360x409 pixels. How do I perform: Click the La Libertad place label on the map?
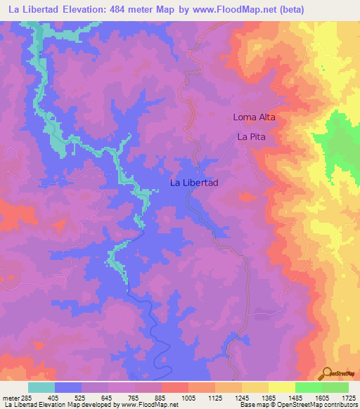click(194, 183)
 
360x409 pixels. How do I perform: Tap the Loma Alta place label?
click(254, 117)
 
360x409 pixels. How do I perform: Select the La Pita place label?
click(251, 137)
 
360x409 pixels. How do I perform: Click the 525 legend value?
click(83, 398)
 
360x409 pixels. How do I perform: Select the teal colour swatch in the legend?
click(41, 387)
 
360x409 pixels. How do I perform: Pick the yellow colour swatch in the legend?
click(281, 387)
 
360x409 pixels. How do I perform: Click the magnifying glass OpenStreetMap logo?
click(327, 373)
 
